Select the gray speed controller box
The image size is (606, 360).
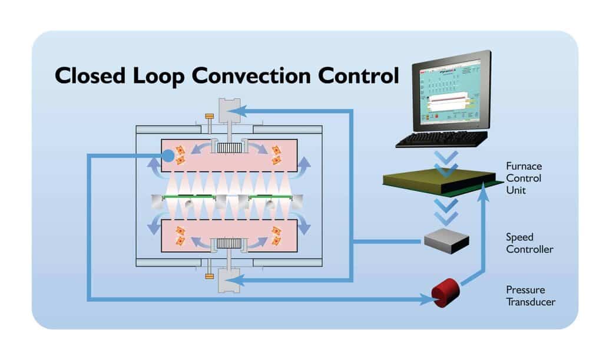[x=446, y=240]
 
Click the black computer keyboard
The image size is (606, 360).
[x=442, y=139]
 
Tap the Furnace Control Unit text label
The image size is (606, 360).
[x=524, y=178]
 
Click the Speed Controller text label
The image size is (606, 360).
[x=529, y=243]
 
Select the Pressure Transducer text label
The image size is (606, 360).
[x=530, y=296]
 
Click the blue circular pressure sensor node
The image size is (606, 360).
[x=168, y=156]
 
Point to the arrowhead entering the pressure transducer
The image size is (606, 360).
[x=428, y=299]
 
